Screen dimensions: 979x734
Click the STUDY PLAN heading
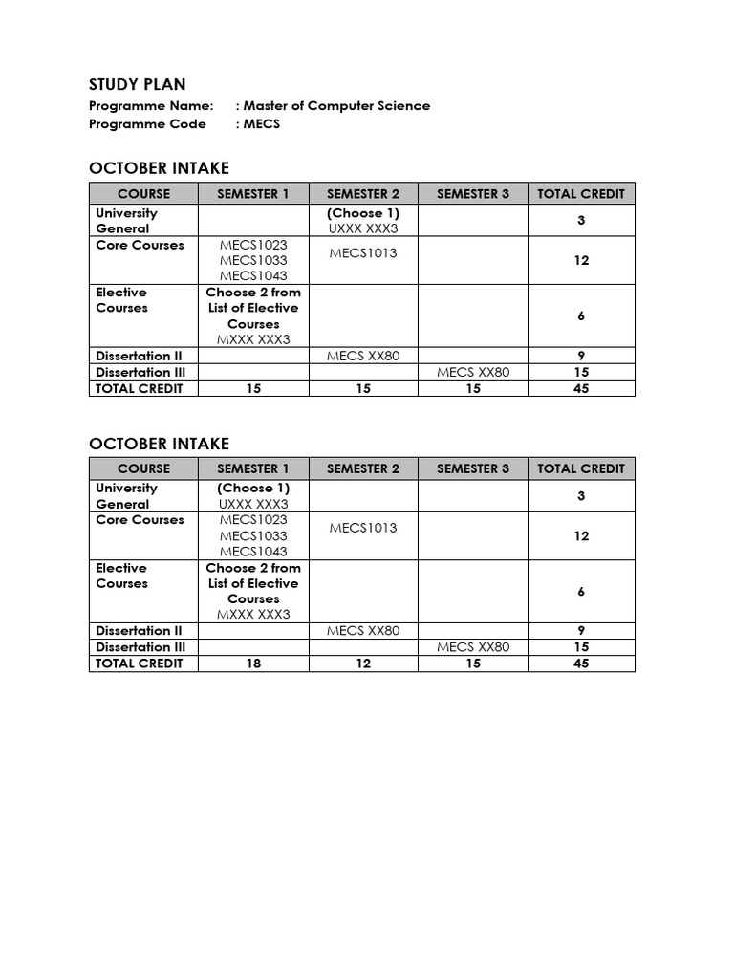(137, 84)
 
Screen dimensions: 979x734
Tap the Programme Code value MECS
(262, 124)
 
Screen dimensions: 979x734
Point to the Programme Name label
(151, 106)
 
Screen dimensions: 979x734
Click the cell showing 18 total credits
(253, 664)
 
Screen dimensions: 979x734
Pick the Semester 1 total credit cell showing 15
(253, 388)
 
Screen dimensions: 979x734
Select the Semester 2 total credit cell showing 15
(363, 388)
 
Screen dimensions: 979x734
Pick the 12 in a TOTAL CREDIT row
(363, 664)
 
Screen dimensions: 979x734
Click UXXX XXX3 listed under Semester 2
(363, 228)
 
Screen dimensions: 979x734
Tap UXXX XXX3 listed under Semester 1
(253, 504)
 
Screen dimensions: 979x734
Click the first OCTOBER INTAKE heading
(159, 168)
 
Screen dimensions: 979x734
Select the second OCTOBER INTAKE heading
(159, 444)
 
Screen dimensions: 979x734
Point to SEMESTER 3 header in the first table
(473, 193)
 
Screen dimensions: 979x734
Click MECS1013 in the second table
(363, 528)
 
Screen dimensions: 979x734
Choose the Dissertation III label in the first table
(140, 372)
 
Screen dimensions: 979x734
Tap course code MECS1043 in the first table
(253, 276)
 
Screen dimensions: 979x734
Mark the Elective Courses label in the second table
(122, 576)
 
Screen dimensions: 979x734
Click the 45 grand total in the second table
(581, 664)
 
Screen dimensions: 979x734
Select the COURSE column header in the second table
(143, 468)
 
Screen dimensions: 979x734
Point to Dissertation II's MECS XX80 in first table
(363, 356)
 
